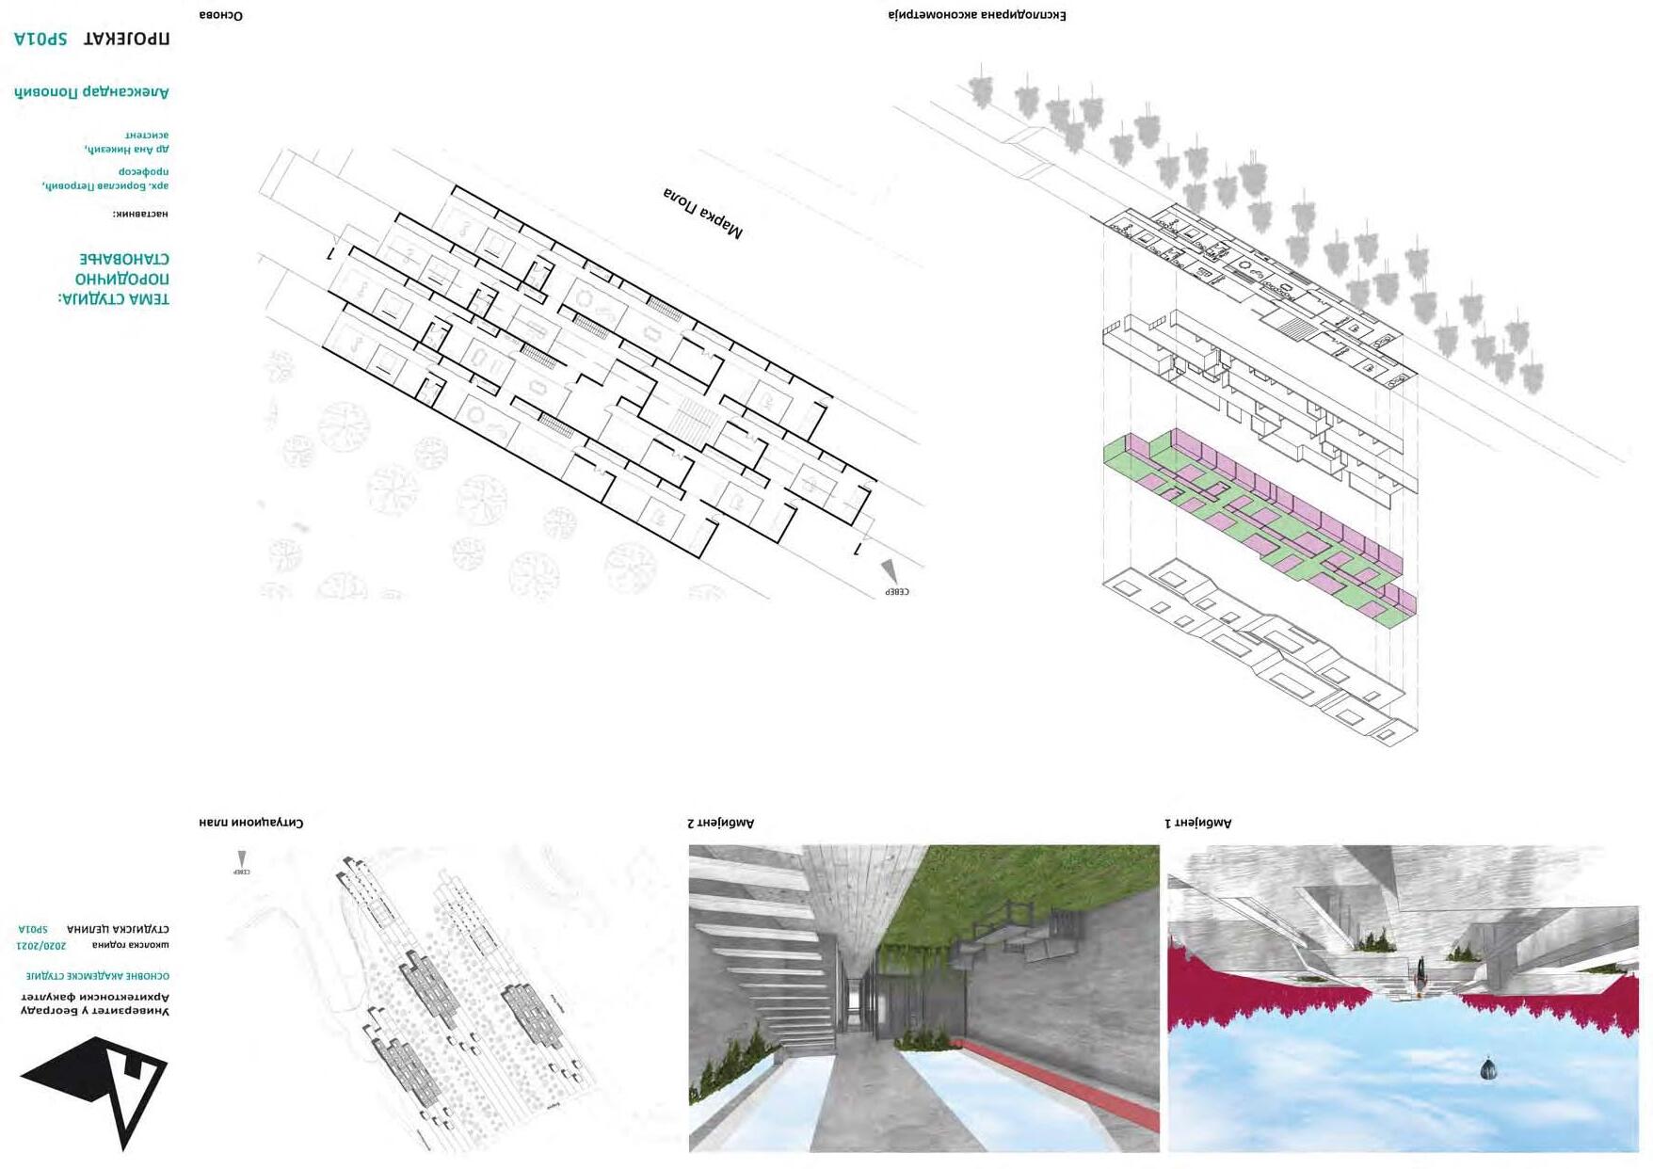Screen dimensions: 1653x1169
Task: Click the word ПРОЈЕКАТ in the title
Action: (x=126, y=39)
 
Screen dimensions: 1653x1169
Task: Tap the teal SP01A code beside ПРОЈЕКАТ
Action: (x=40, y=39)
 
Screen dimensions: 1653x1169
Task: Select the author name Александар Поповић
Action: (x=91, y=91)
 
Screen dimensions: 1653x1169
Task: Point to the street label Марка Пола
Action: (x=702, y=213)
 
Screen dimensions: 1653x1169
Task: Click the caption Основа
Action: (x=220, y=15)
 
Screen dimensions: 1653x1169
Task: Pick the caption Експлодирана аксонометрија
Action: (x=976, y=15)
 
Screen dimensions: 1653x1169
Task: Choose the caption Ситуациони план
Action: (x=250, y=822)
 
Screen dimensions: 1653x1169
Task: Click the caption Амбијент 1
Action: (x=1197, y=823)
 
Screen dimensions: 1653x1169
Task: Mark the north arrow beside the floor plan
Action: (x=889, y=571)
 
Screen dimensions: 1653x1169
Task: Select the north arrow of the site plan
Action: (x=242, y=859)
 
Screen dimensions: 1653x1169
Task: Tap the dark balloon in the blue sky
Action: (x=1487, y=1068)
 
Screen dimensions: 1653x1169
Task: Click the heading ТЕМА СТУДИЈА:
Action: (x=114, y=299)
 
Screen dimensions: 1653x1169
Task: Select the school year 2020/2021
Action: (x=41, y=944)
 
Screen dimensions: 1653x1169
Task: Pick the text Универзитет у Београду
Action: (x=94, y=1010)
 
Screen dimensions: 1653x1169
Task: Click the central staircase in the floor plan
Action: (x=694, y=420)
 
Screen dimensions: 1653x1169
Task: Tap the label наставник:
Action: (x=140, y=214)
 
